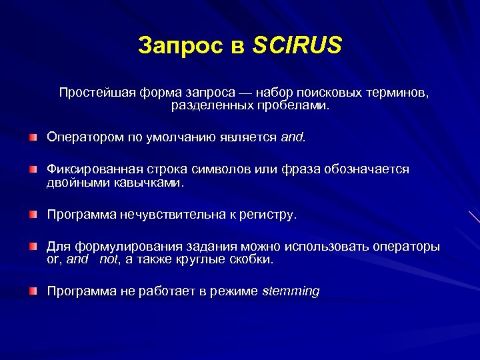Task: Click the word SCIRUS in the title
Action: [x=297, y=45]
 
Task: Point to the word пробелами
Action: [x=297, y=105]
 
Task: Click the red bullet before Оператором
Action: [x=33, y=137]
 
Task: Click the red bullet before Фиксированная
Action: [x=33, y=170]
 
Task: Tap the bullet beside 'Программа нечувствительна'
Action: [x=33, y=215]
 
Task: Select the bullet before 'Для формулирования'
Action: [x=33, y=247]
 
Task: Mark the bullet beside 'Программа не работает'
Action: [x=33, y=291]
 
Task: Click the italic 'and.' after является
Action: [x=293, y=137]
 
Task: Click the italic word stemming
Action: [x=291, y=291]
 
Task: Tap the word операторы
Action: [x=405, y=247]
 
